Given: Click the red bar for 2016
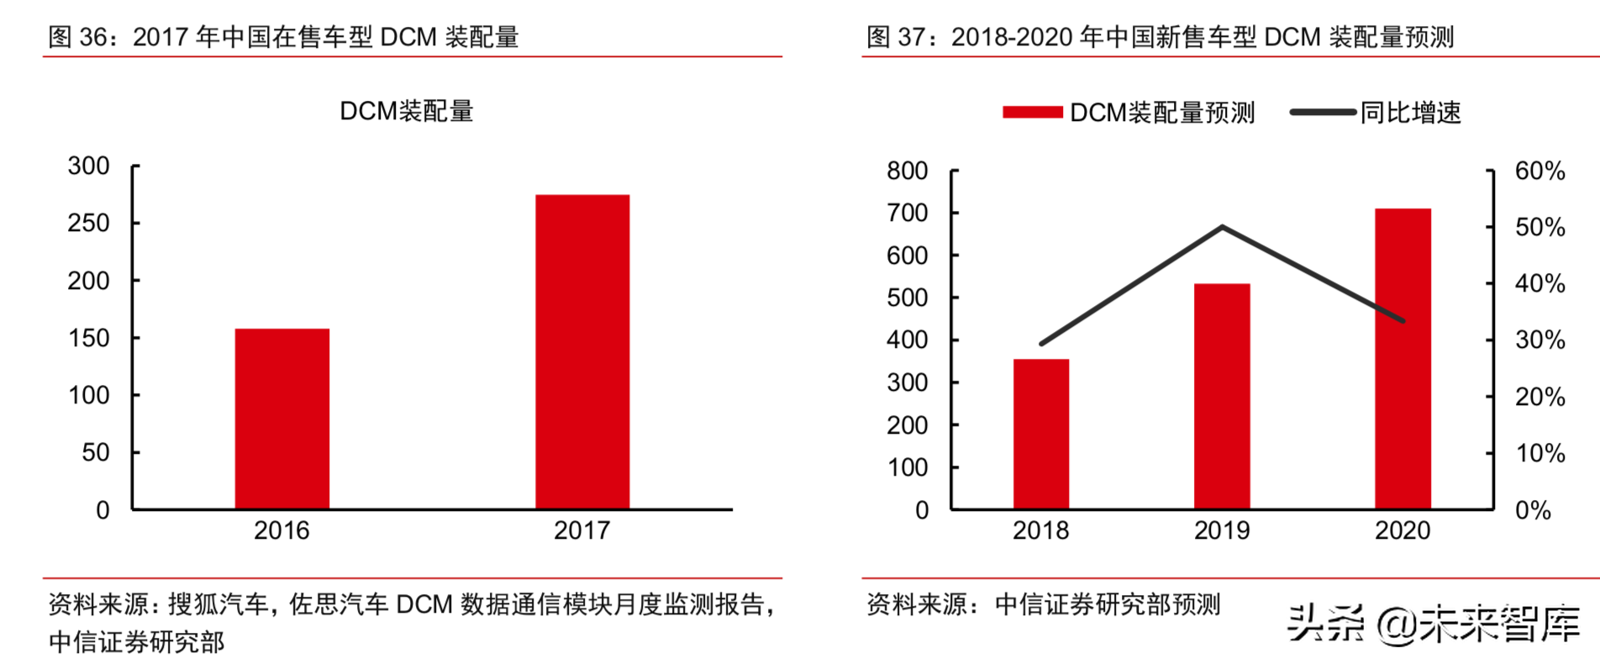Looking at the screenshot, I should click(x=282, y=419).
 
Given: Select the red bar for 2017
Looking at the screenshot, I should click(x=582, y=351).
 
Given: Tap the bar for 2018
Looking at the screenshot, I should click(x=1041, y=434).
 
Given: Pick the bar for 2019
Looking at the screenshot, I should click(x=1222, y=396).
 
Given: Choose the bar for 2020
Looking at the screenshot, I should click(x=1403, y=358).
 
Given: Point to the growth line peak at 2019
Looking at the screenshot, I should click(x=1222, y=226).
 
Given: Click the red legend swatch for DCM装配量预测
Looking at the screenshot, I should click(x=1032, y=112).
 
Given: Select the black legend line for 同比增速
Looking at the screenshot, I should click(x=1323, y=112).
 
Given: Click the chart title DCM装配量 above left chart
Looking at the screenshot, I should click(x=407, y=111).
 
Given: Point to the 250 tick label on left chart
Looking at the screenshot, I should click(x=88, y=223).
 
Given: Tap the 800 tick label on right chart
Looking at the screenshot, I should click(x=907, y=171).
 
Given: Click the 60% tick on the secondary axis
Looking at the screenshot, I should click(x=1539, y=171).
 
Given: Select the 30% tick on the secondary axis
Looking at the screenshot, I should click(x=1539, y=340).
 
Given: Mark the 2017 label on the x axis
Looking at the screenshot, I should click(x=582, y=530).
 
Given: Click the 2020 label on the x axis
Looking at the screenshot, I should click(x=1403, y=530).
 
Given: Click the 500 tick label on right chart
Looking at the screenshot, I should click(x=907, y=298).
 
